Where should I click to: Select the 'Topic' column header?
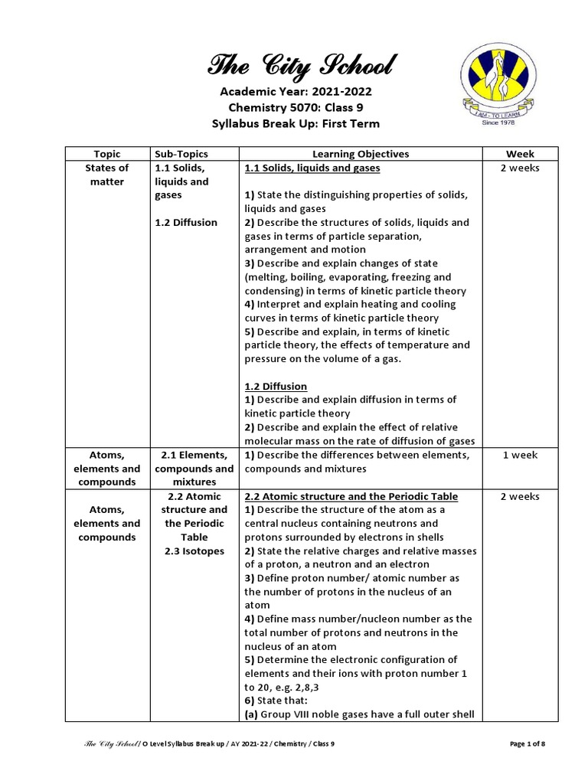tap(107, 154)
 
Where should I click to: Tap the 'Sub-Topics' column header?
tap(181, 154)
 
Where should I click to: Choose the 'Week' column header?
tap(520, 154)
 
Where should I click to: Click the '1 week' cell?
tap(520, 455)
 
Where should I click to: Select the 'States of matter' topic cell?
tap(107, 175)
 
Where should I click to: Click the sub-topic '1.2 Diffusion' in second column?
tap(186, 223)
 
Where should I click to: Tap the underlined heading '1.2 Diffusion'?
tap(276, 386)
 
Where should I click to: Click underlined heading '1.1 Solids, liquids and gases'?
tap(312, 168)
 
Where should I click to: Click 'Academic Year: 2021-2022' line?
tap(296, 92)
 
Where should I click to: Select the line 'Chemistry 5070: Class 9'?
tap(296, 108)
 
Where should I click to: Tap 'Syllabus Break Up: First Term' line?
tap(296, 124)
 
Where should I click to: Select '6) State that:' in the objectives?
tap(276, 701)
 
